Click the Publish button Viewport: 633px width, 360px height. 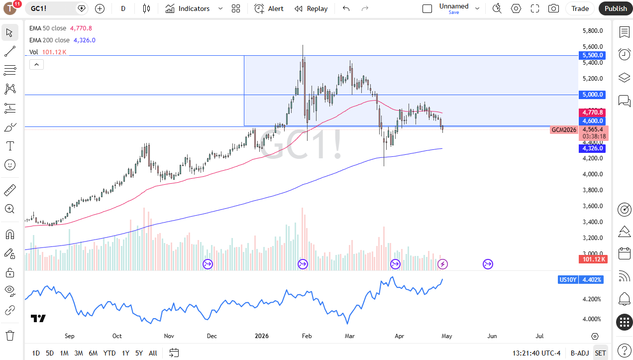tap(616, 8)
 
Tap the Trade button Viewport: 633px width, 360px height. tap(580, 8)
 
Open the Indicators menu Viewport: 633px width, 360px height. tap(188, 8)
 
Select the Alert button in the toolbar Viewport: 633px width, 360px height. tap(269, 8)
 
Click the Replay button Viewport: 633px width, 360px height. tap(311, 8)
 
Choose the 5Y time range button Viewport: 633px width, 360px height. tap(139, 353)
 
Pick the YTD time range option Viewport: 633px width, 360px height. tap(109, 353)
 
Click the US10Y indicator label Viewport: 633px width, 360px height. tap(567, 280)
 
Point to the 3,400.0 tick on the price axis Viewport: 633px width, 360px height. tap(593, 222)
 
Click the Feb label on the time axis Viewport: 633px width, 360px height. tap(307, 336)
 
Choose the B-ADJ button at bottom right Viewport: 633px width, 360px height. tap(580, 353)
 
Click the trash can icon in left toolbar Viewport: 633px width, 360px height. tap(10, 335)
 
